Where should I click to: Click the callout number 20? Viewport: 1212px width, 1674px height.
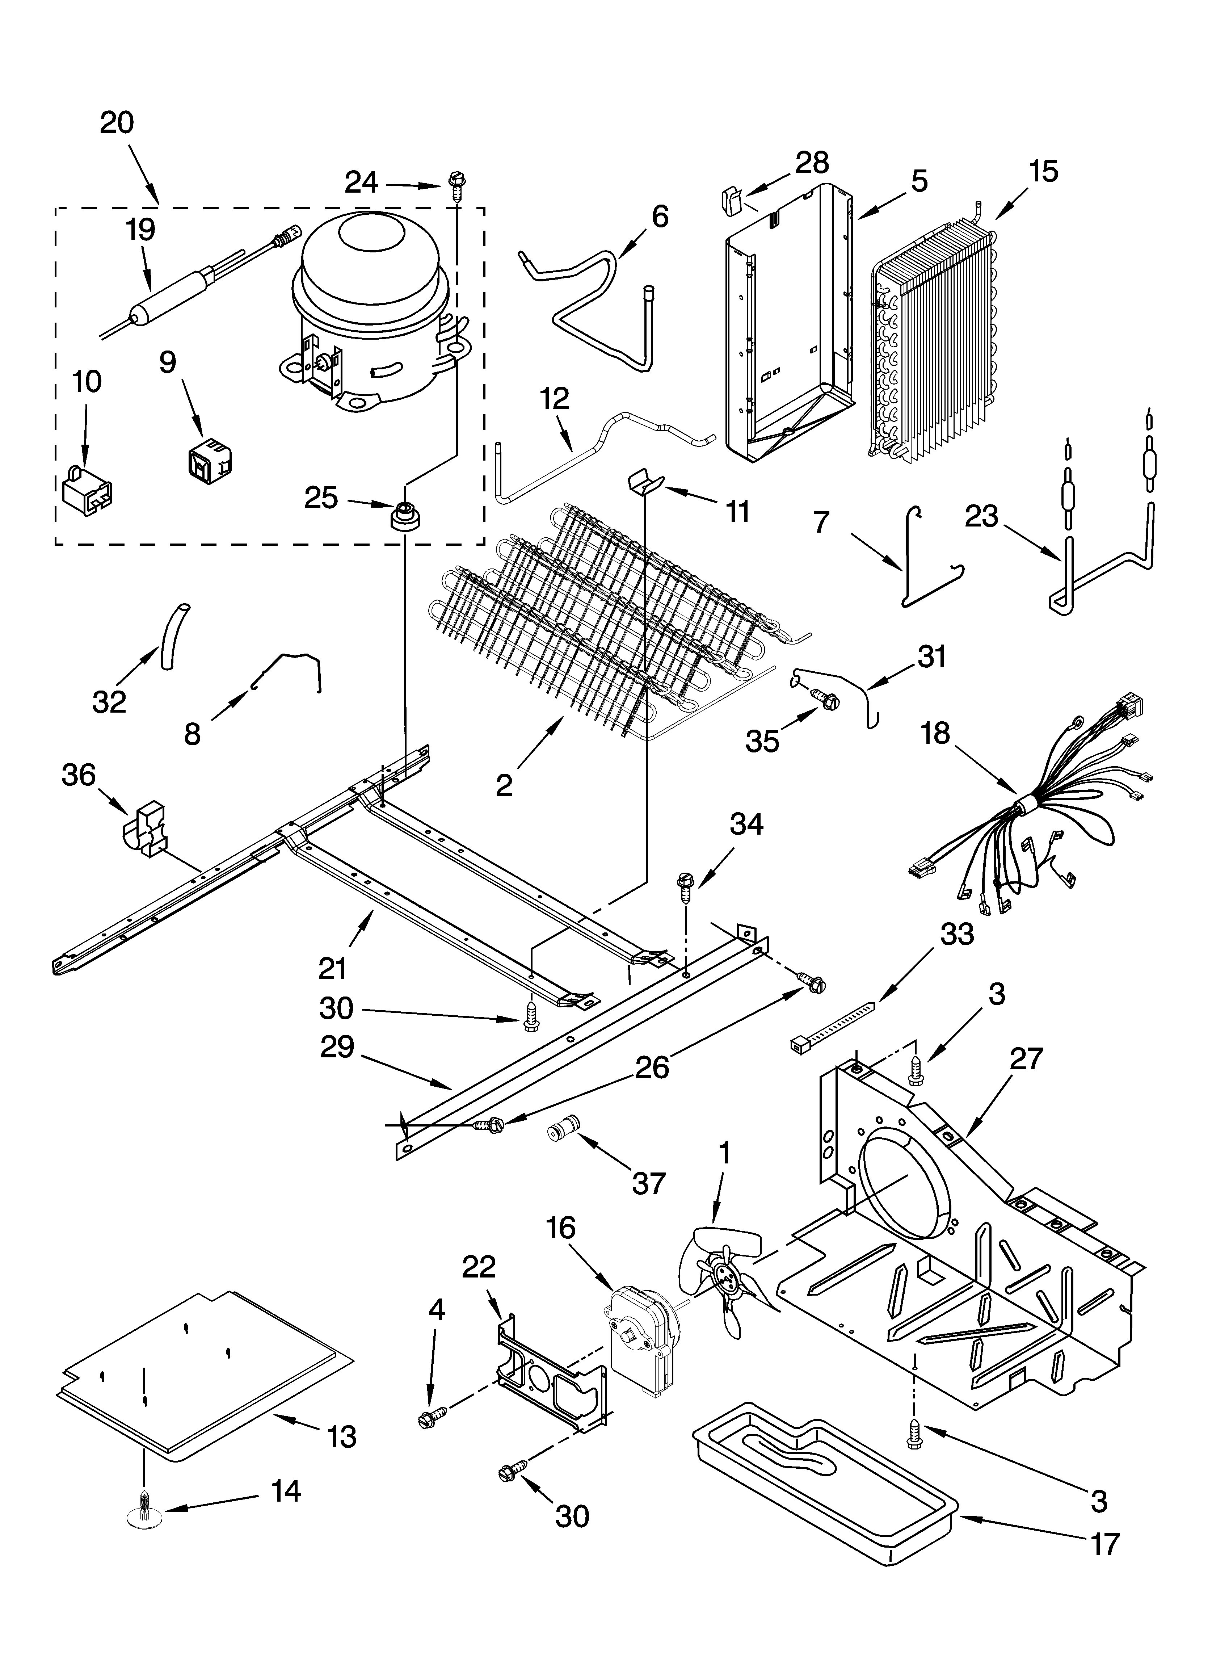tap(117, 122)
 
